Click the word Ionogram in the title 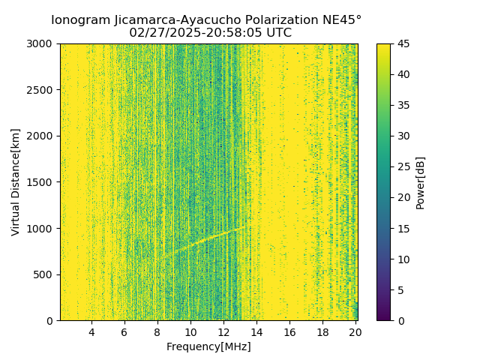(x=79, y=20)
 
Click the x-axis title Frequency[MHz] (x=208, y=346)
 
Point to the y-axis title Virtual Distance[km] (x=16, y=182)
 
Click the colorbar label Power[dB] (x=420, y=182)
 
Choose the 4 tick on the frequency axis (x=91, y=332)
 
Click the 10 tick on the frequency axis (x=190, y=332)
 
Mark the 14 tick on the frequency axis (x=256, y=332)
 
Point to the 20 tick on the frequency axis (x=355, y=332)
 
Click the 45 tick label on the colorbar (x=403, y=43)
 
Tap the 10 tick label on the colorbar (x=403, y=259)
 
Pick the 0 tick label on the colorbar (x=400, y=321)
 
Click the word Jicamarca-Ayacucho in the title (x=168, y=20)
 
